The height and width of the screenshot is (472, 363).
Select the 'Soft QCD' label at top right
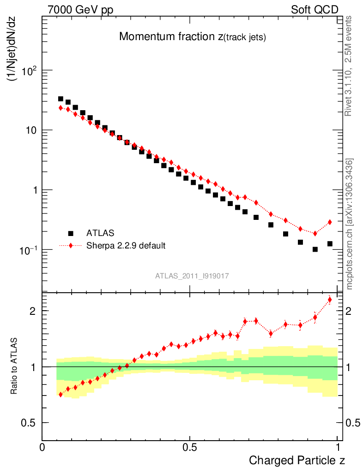click(315, 10)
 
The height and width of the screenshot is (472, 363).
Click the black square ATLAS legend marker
click(71, 234)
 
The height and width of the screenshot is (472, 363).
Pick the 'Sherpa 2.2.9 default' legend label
click(126, 246)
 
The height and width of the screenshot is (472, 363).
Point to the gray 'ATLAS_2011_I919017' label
click(193, 276)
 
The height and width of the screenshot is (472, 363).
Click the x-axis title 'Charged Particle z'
click(297, 460)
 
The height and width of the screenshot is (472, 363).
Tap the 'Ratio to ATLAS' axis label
click(14, 366)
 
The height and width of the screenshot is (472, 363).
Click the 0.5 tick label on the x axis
click(190, 447)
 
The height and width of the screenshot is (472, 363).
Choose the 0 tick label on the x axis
click(42, 447)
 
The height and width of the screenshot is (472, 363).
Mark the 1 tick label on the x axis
click(338, 447)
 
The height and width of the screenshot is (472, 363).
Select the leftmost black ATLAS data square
click(60, 99)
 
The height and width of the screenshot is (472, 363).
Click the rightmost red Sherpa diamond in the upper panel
click(330, 222)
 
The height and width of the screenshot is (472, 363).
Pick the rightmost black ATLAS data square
click(330, 243)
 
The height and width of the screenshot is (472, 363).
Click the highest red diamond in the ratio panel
click(330, 300)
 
